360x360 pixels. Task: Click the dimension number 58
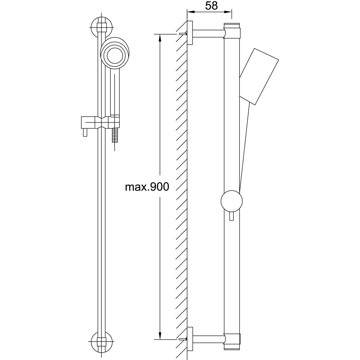pos(211,6)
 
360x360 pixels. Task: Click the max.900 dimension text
pos(147,187)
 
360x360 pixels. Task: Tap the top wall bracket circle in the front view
pos(102,28)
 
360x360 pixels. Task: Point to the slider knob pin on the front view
pos(85,133)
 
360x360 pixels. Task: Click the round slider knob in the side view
pos(232,201)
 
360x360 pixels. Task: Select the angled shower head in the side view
pos(259,76)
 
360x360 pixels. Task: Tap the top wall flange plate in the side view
pos(190,33)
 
